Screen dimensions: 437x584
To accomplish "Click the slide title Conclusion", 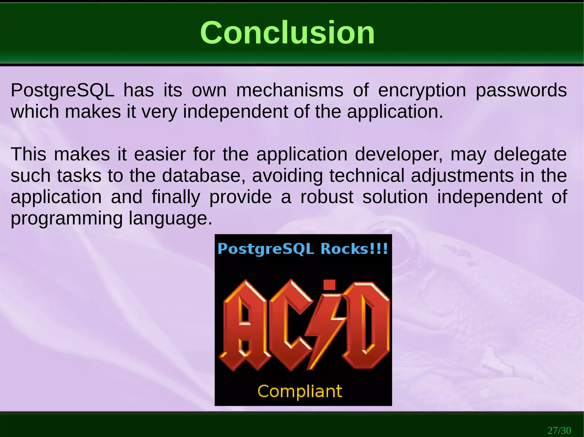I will coord(287,33).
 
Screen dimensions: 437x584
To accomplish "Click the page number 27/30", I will coord(559,430).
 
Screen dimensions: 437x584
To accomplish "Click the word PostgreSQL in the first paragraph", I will coord(62,91).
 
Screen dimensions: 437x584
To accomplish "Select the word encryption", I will coord(422,91).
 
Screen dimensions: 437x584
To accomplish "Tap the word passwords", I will coord(521,91).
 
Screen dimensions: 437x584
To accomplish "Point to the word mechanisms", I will coord(290,91).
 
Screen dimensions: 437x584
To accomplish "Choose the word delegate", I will coord(530,155).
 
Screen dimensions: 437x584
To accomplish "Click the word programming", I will coord(66,219).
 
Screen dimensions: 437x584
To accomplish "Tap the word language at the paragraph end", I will coord(170,219).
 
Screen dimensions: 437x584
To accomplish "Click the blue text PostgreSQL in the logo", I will coord(266,249).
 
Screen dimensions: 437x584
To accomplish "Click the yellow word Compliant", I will coord(300,391).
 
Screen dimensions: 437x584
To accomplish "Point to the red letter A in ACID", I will coord(245,325).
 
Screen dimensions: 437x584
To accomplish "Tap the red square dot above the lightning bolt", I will coord(329,284).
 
